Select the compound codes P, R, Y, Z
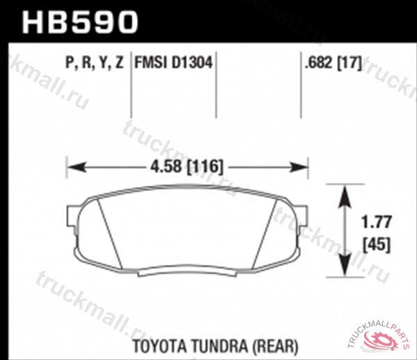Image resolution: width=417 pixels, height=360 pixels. pos(94,63)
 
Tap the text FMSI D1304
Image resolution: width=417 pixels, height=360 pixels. pos(172,63)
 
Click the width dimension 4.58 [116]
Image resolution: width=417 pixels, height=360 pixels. pos(186,167)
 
